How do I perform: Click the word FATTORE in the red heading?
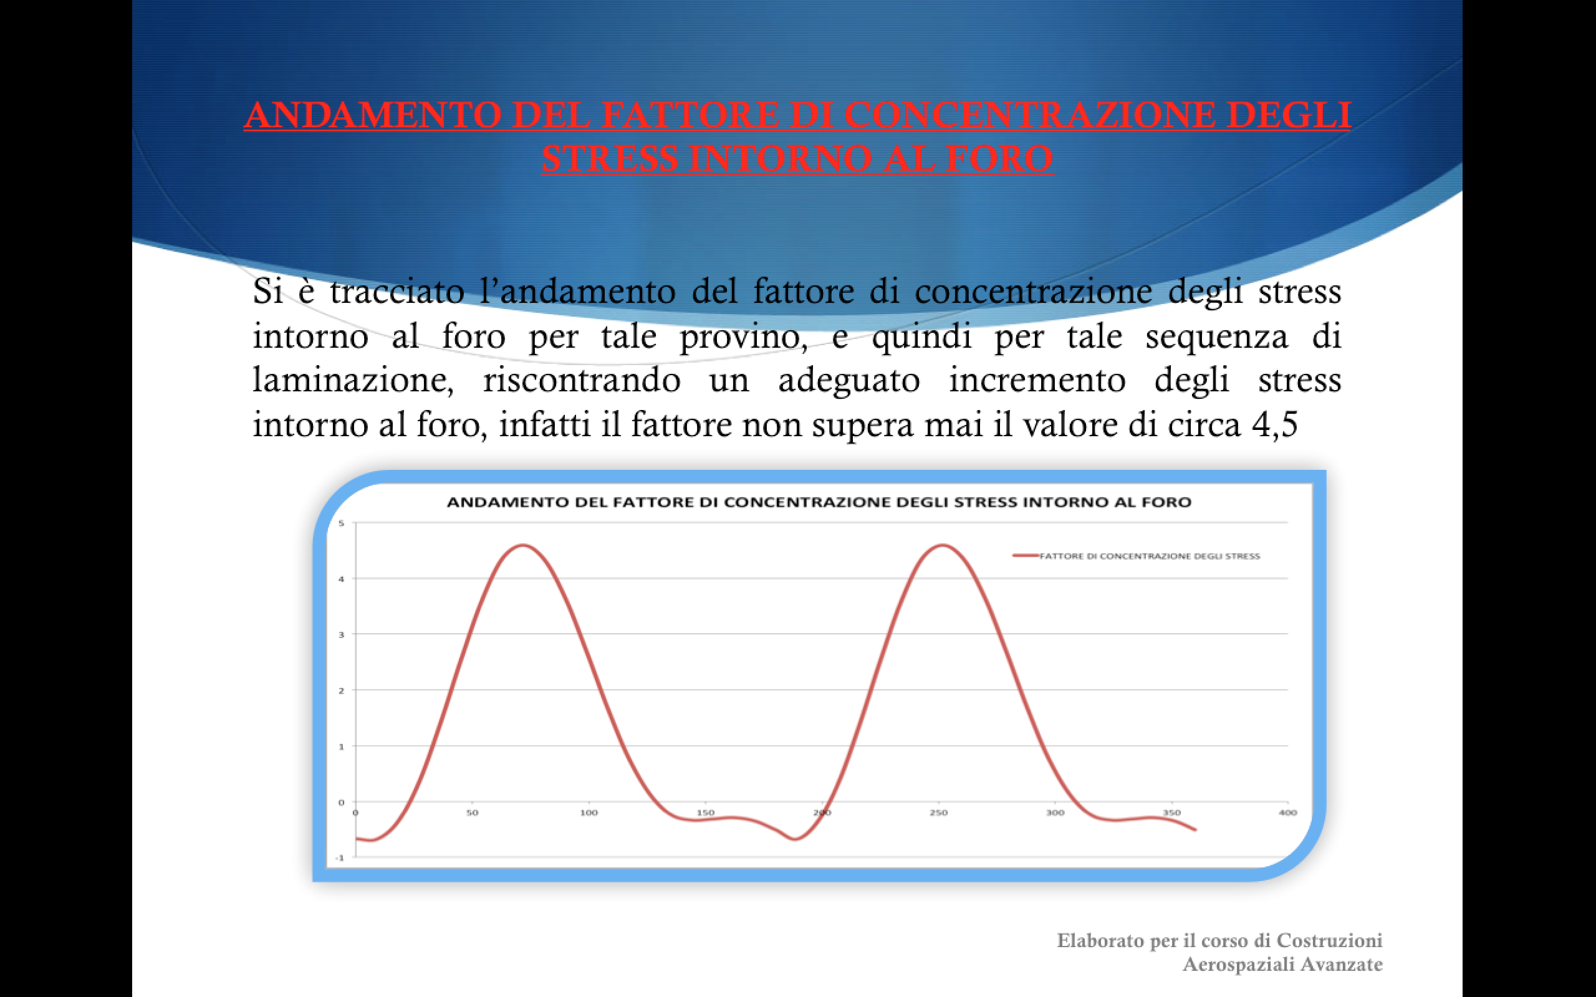tap(690, 115)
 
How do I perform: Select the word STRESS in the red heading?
tap(609, 158)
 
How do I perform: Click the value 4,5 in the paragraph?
tap(1274, 424)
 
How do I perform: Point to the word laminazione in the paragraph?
tap(353, 381)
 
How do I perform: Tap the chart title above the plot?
tap(819, 502)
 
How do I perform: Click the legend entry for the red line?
tap(1136, 556)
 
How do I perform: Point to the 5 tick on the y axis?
tap(342, 523)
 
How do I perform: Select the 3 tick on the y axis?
tap(342, 634)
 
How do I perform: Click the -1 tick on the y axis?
tap(340, 858)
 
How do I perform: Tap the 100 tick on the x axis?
tap(589, 813)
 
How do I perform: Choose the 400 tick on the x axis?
tap(1288, 813)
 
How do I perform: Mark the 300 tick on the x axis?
tap(1055, 813)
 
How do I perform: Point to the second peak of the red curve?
tap(943, 545)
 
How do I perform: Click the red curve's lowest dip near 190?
tap(795, 839)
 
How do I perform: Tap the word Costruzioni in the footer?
tap(1330, 940)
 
